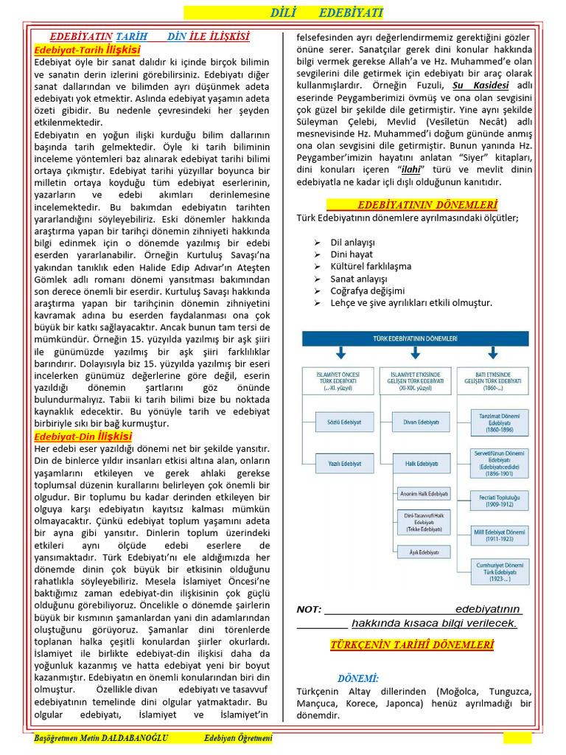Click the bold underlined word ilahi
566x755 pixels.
pyautogui.click(x=401, y=170)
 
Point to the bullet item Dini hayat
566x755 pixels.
pyautogui.click(x=352, y=254)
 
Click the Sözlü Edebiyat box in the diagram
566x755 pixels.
pyautogui.click(x=339, y=422)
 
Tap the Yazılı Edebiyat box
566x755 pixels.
pyautogui.click(x=339, y=463)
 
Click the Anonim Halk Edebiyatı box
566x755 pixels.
pyautogui.click(x=423, y=494)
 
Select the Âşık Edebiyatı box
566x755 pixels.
pyautogui.click(x=423, y=552)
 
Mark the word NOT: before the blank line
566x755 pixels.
pyautogui.click(x=309, y=610)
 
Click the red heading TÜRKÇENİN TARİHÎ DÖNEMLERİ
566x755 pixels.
pyautogui.click(x=412, y=645)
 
